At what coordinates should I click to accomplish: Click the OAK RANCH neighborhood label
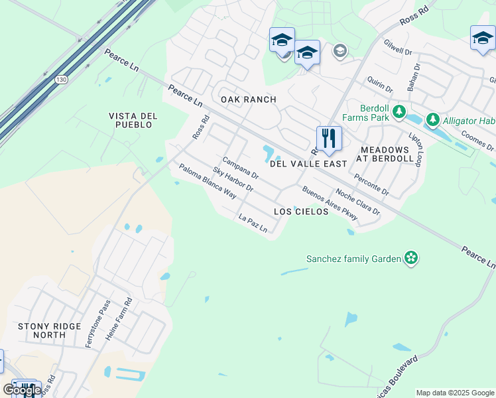coord(248,99)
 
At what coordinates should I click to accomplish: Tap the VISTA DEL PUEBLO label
coord(133,120)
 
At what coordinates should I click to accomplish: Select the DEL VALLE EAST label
coord(308,163)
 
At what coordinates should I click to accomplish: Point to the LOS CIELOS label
coord(301,212)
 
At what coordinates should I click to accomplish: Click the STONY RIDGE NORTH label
coord(49,331)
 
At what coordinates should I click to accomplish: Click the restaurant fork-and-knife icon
coord(329,139)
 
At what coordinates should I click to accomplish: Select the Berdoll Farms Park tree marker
coord(399,111)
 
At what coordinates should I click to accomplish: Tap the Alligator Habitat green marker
coord(433,119)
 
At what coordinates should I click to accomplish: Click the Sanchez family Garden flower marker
coord(411,258)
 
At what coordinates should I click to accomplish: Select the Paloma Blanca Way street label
coord(208,182)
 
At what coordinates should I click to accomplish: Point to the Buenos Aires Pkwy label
coord(330,204)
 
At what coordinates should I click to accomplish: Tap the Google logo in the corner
coord(22,390)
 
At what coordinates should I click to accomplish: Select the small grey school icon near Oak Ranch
coord(340,51)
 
